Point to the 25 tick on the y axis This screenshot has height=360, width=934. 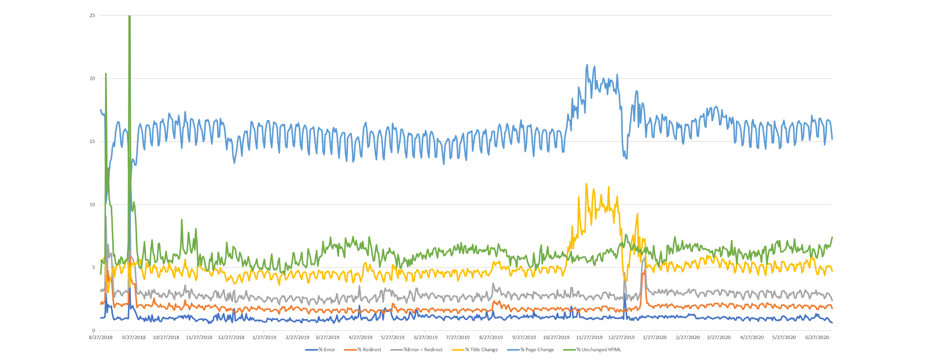[92, 16]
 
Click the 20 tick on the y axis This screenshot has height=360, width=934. [92, 78]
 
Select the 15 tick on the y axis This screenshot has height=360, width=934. [92, 142]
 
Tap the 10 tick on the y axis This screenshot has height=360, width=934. [92, 204]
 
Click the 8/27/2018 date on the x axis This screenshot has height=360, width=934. [101, 337]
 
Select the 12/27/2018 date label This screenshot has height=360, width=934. [231, 337]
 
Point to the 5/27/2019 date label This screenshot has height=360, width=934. [393, 337]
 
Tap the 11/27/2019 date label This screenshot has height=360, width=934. [589, 337]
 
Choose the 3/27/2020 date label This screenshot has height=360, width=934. [718, 337]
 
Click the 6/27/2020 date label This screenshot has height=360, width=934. [817, 337]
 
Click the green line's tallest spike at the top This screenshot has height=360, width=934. [129, 17]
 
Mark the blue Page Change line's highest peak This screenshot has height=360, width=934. [587, 65]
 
